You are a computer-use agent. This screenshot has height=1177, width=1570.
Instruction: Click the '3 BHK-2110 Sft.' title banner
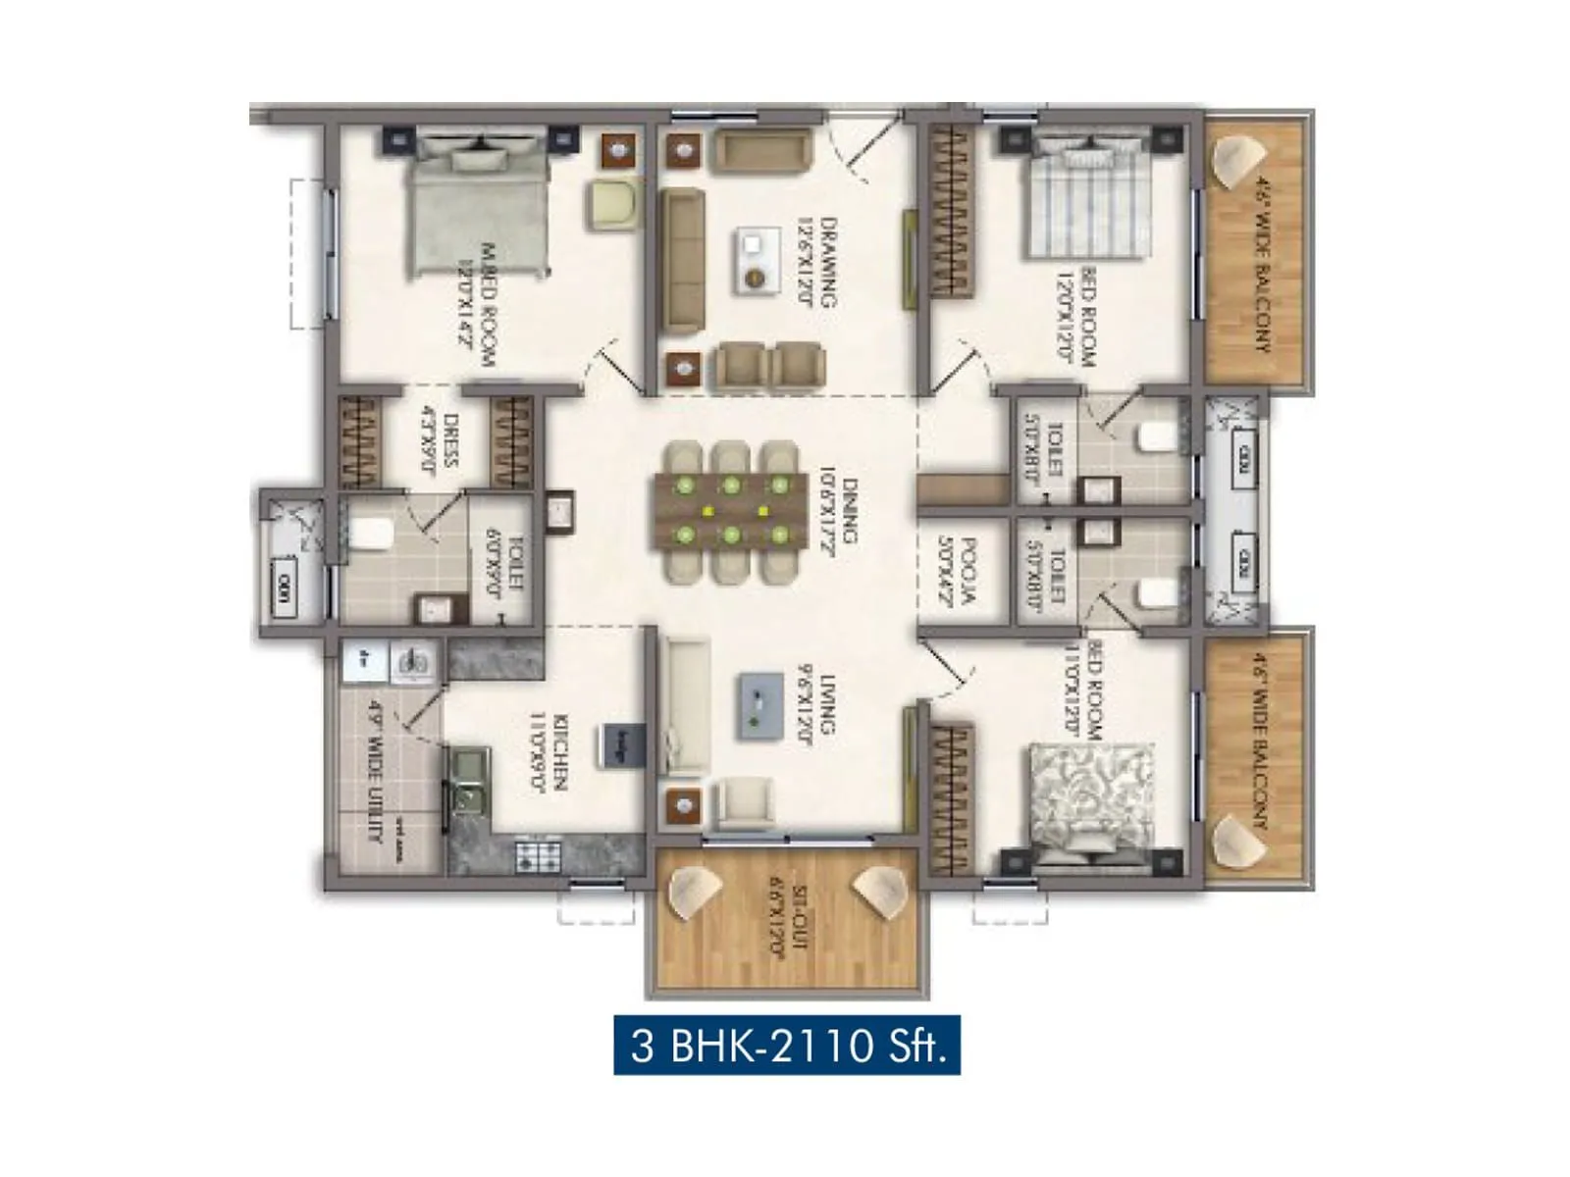pos(787,1046)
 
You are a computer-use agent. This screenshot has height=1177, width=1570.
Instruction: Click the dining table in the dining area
pos(731,510)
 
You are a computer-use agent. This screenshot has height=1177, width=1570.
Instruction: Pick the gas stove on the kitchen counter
pos(539,854)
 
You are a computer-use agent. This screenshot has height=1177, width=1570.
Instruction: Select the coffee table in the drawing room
pos(755,260)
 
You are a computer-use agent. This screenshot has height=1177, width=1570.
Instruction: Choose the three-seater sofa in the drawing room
pos(681,262)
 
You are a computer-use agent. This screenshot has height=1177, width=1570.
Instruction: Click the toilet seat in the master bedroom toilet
pos(370,534)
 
